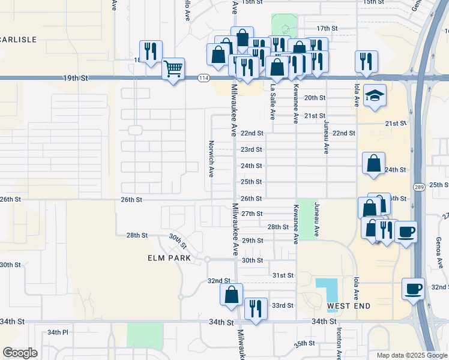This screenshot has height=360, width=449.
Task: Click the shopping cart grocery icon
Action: coord(173,69)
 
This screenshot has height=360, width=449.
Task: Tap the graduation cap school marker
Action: coord(375,96)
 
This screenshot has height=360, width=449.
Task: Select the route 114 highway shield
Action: coord(204,78)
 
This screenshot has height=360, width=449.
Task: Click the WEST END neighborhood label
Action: coord(349,306)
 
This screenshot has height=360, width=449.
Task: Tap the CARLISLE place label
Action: coord(19,40)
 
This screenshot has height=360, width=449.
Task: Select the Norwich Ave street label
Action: coord(211,160)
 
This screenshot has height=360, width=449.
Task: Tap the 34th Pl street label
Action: coord(58,332)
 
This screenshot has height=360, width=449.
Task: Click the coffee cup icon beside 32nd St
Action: coord(413,289)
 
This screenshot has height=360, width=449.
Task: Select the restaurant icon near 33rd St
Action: coord(256,309)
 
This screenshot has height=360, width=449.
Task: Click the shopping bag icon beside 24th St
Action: coord(373,163)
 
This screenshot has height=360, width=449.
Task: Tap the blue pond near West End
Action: coord(327,290)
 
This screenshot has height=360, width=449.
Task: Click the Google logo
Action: coord(20,353)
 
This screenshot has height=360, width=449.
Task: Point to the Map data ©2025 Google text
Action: coord(411,355)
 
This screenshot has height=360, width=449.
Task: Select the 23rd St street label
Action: coord(252,149)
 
